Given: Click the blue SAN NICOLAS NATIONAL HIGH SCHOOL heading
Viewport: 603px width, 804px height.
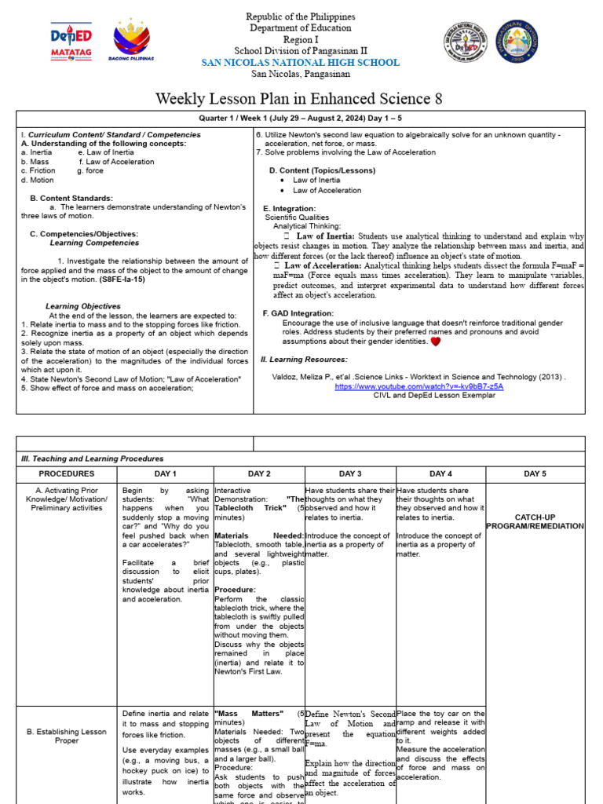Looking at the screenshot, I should (x=301, y=63).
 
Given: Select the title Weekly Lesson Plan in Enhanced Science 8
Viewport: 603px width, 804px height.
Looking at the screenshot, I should (x=299, y=98).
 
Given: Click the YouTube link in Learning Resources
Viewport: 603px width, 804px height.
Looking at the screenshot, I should (x=418, y=386).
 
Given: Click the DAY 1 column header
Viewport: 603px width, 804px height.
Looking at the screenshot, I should (x=165, y=473).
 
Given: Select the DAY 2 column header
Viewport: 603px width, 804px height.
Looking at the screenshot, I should (x=259, y=473).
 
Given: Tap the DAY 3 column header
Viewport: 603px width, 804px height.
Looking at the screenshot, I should (x=350, y=473).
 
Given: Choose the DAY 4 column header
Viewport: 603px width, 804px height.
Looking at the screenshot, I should (x=441, y=473).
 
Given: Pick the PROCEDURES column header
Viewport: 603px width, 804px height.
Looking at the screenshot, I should (x=67, y=473).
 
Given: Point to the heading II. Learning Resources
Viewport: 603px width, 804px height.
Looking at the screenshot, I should (x=304, y=359).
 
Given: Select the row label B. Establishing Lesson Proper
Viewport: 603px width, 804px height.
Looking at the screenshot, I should (x=67, y=736).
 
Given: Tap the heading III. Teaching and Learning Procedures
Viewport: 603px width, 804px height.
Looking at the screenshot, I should (x=93, y=459).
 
